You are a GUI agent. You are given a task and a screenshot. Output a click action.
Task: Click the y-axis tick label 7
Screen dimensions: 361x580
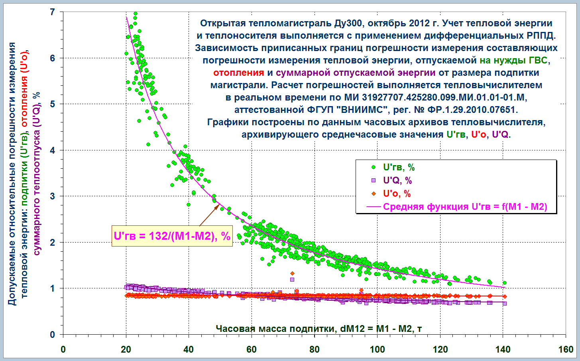[x=53, y=12]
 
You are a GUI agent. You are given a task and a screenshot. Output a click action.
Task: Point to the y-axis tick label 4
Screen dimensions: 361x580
[x=53, y=150]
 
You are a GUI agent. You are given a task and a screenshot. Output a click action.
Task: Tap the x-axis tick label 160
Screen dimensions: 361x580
[x=566, y=349]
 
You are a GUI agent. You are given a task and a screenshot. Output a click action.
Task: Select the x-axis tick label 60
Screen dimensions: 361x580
[x=251, y=349]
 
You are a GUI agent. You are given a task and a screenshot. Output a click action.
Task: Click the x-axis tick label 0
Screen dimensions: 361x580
[x=63, y=349]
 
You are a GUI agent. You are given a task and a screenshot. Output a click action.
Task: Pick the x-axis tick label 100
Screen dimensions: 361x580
[x=377, y=349]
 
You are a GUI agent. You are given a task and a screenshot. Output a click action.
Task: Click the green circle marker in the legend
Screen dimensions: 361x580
[x=374, y=168]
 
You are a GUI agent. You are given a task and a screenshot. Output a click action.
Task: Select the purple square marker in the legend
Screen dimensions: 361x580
[x=374, y=181]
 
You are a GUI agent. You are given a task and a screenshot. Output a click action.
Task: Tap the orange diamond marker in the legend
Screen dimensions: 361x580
[x=374, y=194]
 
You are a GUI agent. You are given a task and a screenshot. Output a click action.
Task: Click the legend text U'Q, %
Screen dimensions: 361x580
[x=397, y=181]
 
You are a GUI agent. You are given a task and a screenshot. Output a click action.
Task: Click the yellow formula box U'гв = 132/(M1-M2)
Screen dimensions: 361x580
[x=172, y=236]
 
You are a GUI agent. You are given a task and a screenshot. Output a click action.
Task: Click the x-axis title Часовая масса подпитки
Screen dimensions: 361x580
[x=319, y=328]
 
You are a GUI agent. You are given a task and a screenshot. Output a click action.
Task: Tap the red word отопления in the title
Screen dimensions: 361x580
[x=238, y=73]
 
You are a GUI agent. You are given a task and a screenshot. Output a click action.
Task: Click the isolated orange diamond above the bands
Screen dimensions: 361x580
[x=292, y=273]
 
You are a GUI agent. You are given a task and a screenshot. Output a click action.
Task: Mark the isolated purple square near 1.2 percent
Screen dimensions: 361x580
[x=292, y=279]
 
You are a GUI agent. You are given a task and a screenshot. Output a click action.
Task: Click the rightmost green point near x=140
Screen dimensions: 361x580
[x=504, y=283]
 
